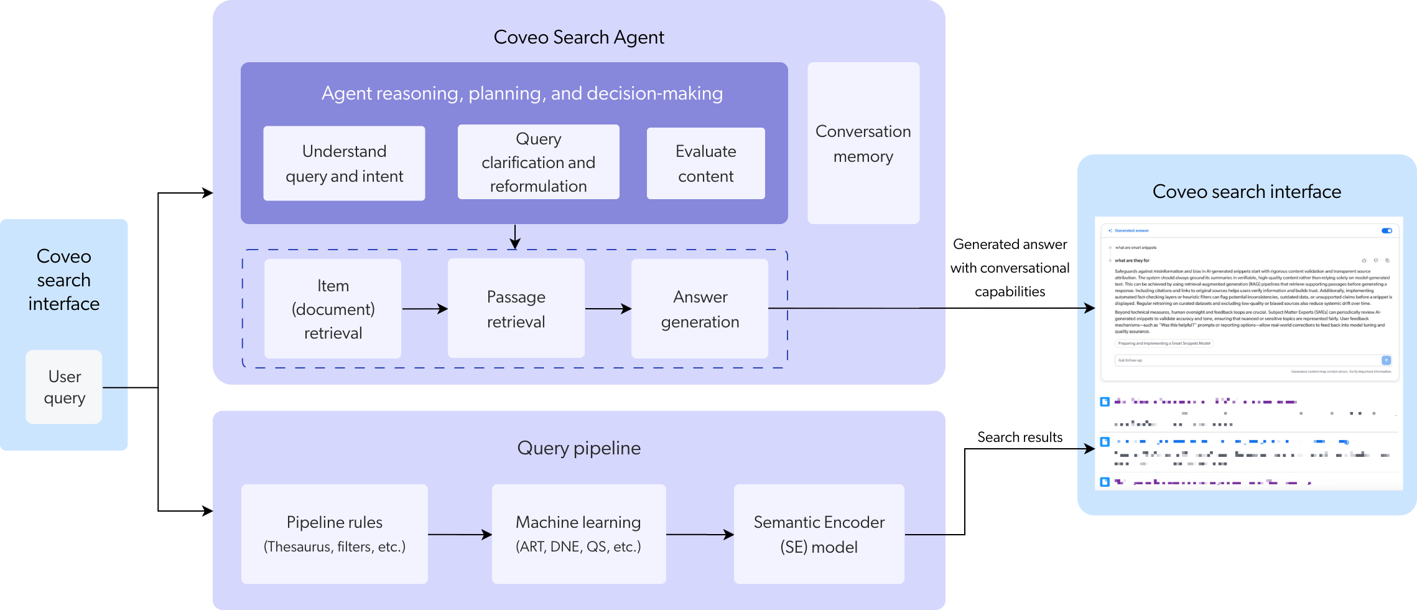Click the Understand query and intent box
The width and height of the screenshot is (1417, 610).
(344, 164)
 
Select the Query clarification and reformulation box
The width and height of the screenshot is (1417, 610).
(538, 162)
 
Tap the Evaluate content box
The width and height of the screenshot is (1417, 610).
(705, 164)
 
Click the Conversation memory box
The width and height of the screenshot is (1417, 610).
(863, 144)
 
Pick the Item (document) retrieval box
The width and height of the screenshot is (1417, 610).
(333, 309)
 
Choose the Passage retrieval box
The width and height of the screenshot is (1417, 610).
(516, 309)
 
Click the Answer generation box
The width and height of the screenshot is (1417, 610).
(700, 309)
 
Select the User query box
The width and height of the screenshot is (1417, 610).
(64, 387)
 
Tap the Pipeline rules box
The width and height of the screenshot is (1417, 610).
(334, 534)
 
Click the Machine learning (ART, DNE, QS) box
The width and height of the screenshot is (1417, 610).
(578, 534)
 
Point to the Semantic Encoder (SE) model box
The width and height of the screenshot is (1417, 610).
(819, 534)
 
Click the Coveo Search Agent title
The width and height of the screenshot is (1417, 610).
(578, 37)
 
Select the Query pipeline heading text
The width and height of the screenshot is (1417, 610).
(578, 448)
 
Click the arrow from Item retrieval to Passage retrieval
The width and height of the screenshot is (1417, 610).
(425, 309)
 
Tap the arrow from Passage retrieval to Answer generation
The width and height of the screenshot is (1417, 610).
(608, 309)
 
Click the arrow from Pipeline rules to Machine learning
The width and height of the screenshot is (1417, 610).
(460, 534)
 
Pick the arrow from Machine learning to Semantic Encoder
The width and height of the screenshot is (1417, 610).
(700, 534)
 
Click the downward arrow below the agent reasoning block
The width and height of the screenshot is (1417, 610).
(514, 237)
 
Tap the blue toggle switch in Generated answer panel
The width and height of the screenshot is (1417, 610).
(1387, 231)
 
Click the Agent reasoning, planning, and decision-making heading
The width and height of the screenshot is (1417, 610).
(522, 93)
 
